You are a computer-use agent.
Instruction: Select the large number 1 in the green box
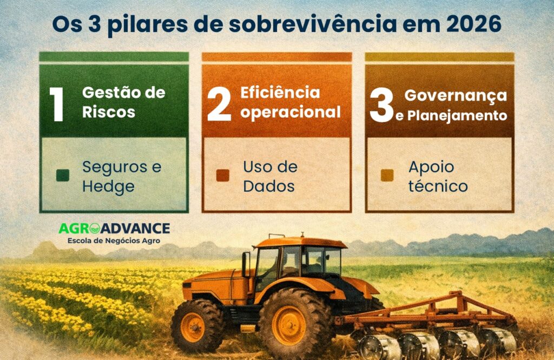[x=57, y=103]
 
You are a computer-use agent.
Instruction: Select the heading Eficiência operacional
[x=291, y=102]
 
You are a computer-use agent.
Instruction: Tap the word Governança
[x=456, y=95]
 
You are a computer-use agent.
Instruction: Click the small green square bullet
[x=63, y=176]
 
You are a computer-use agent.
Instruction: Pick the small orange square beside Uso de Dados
[x=222, y=176]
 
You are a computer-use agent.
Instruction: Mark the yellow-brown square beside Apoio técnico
[x=387, y=176]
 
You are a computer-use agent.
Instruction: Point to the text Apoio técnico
[x=438, y=176]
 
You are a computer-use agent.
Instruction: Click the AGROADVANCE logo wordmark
[x=114, y=229]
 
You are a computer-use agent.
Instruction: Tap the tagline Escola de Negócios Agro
[x=114, y=240]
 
